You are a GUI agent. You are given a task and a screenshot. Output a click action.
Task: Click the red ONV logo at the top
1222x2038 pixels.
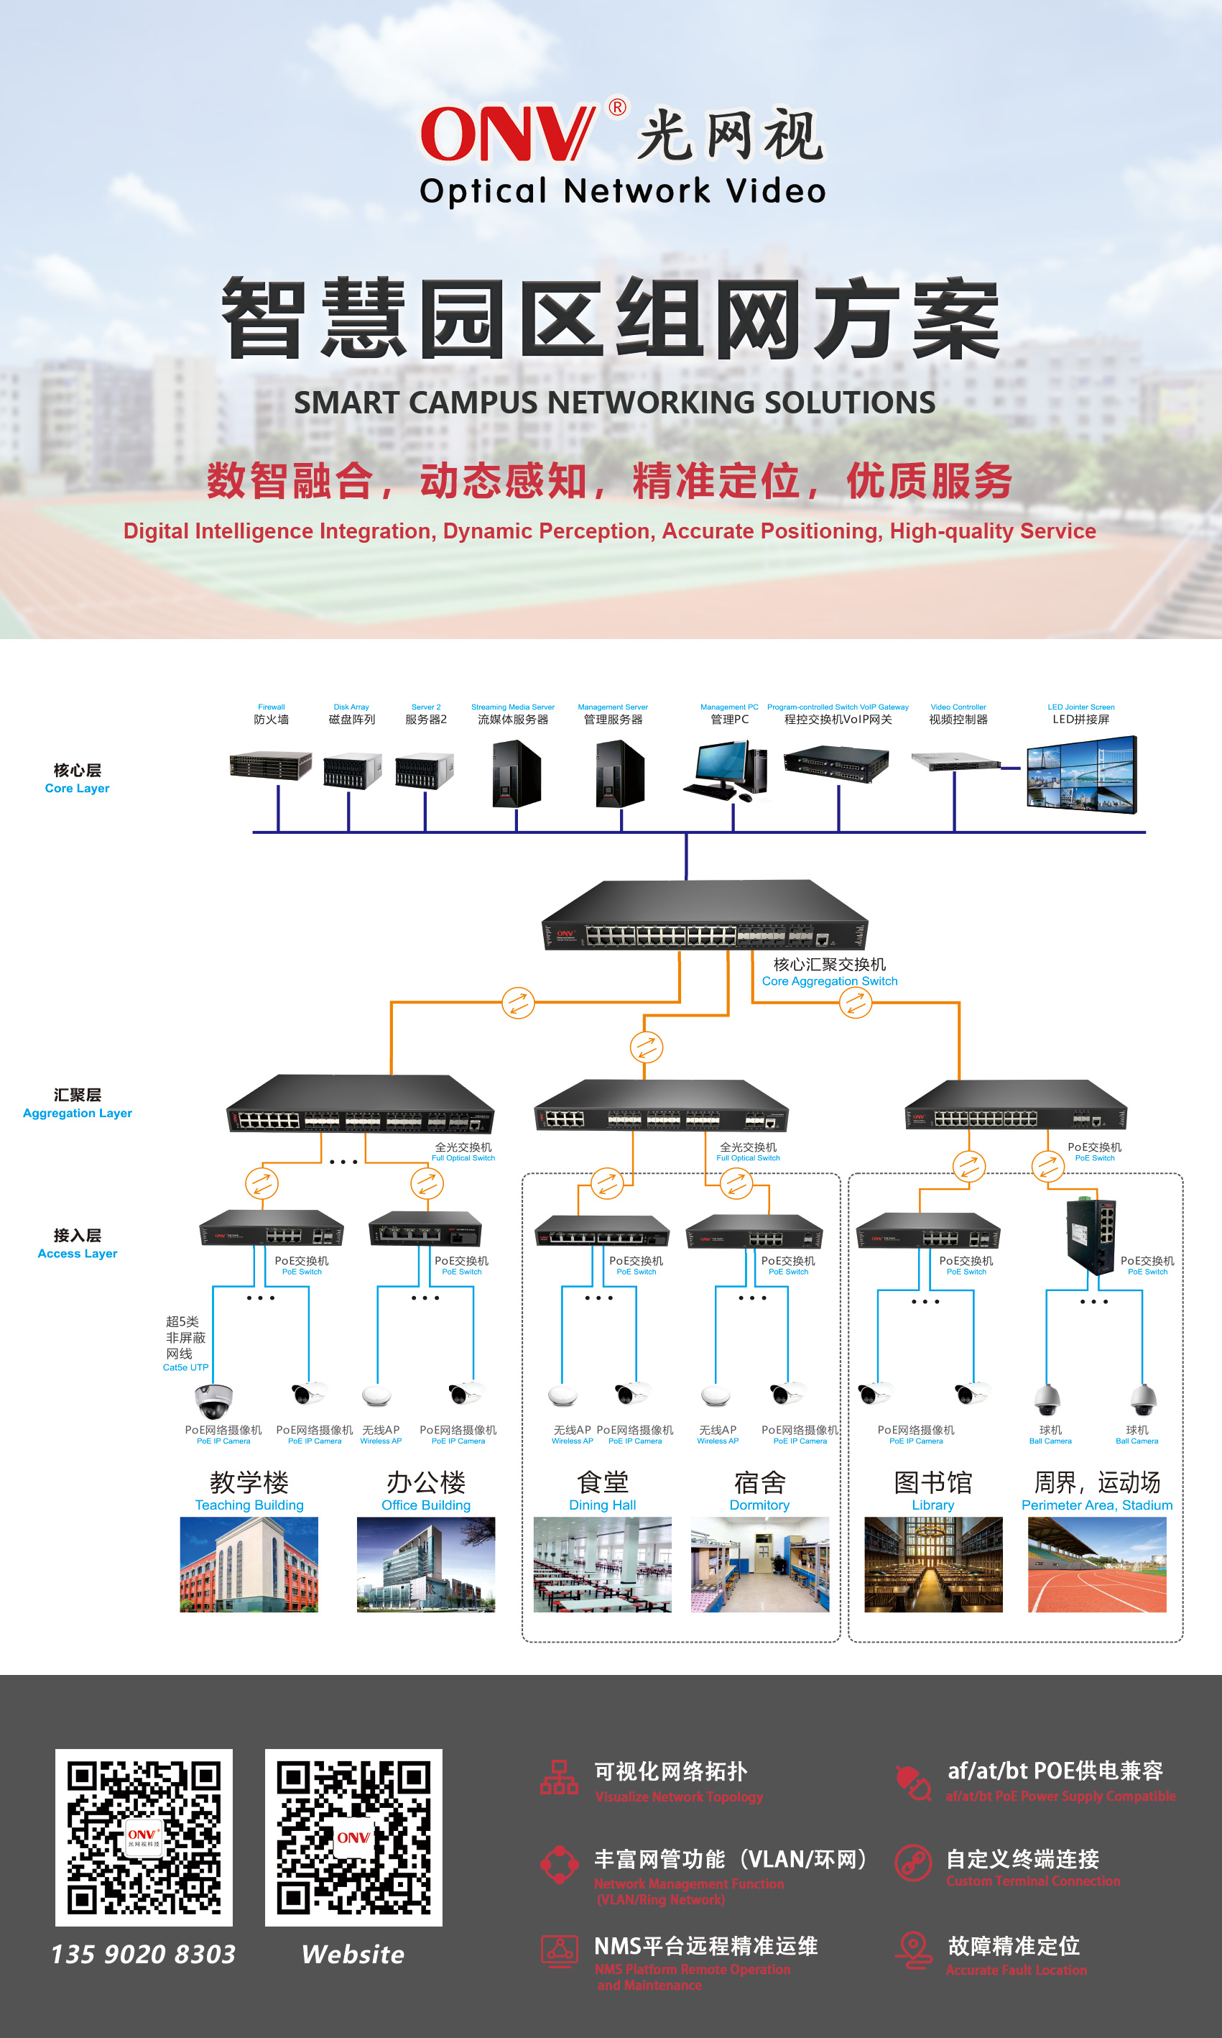coord(506,134)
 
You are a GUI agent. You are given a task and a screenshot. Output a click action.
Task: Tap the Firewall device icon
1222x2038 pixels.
coord(270,766)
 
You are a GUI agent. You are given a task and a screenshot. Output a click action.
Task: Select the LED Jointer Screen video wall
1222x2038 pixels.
coord(1081,774)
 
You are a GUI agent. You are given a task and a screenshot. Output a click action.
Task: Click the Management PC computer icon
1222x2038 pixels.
coord(726,769)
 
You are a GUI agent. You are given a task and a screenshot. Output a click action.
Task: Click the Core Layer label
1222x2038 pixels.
coord(77,779)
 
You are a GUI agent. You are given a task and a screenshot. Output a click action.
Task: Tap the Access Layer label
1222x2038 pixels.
coord(78,1244)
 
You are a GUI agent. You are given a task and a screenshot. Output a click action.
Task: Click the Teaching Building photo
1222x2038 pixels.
coord(249,1564)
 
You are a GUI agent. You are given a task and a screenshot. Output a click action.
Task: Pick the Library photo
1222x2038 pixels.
coord(933,1564)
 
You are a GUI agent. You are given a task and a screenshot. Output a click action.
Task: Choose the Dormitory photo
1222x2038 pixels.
coord(759,1564)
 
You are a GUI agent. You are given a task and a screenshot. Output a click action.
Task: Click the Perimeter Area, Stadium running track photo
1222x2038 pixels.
coord(1097,1564)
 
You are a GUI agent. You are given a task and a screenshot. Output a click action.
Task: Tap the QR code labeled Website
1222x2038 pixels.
coord(353,1837)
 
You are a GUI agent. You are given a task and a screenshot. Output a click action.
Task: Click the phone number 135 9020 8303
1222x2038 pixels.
coord(143,1954)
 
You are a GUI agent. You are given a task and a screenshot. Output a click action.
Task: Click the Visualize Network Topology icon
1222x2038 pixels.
coord(559,1777)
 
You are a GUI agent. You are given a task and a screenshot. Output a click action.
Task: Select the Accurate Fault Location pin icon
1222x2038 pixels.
coord(913,1950)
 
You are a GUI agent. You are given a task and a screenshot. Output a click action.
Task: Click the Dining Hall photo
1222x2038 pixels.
coord(602,1564)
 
